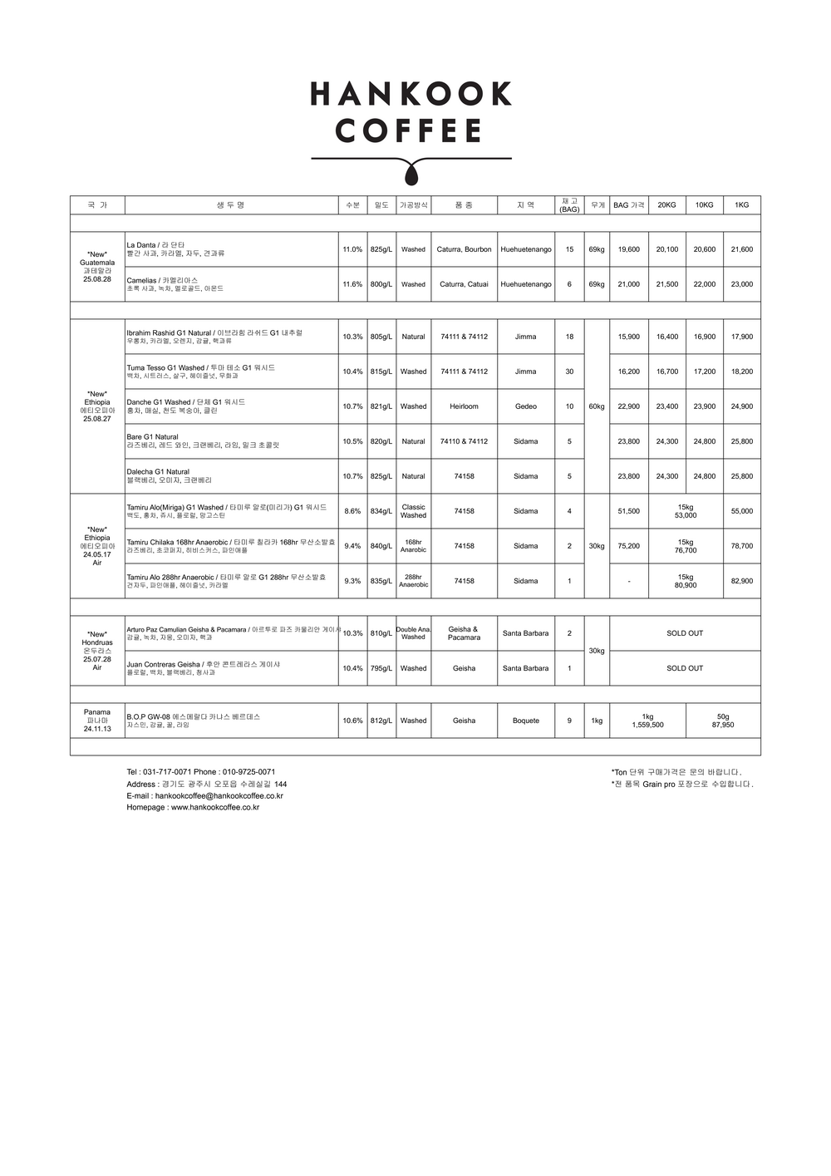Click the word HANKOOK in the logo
click(411, 94)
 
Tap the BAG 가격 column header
click(628, 204)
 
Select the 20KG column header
click(666, 204)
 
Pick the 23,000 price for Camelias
click(741, 284)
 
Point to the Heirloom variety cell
click(464, 406)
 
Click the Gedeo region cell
click(525, 406)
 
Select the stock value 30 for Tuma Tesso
click(569, 371)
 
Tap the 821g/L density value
click(381, 406)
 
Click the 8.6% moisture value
click(352, 511)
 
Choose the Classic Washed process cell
click(413, 511)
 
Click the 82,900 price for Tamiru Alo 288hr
click(741, 581)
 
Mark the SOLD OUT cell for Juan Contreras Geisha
click(685, 668)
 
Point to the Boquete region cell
click(525, 721)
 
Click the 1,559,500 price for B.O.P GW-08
click(647, 725)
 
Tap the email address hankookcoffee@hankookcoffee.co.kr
click(219, 795)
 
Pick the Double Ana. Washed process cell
click(413, 633)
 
